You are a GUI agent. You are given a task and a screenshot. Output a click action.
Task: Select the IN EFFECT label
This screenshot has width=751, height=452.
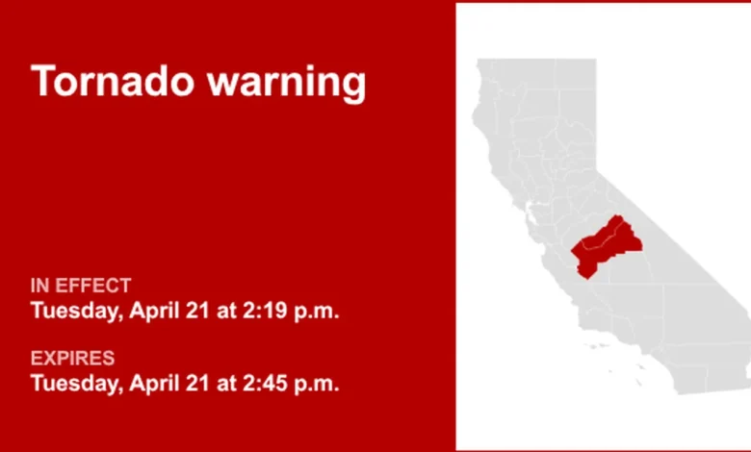pos(81,286)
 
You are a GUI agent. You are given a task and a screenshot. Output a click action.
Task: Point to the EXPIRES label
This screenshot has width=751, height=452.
pos(72,359)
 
